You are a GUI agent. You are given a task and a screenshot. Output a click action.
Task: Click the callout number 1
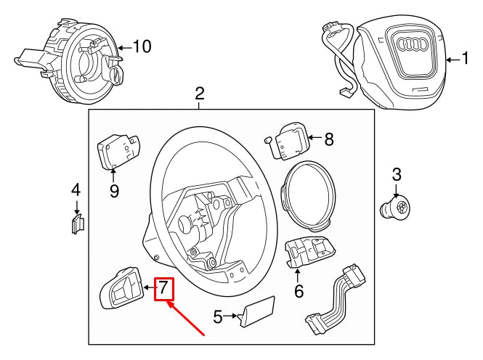(466, 59)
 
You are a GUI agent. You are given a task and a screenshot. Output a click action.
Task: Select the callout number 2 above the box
(200, 94)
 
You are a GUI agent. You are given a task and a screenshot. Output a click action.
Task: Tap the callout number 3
(396, 174)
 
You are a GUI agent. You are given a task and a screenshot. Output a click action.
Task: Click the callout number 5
(218, 316)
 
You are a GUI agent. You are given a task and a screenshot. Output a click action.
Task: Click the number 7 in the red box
(164, 288)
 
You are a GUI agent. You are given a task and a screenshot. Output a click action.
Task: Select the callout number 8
(328, 139)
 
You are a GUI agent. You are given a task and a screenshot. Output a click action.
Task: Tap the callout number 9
(114, 191)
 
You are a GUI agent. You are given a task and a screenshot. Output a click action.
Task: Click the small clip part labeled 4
(78, 224)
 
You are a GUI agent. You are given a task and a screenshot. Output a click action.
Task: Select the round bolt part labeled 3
(396, 206)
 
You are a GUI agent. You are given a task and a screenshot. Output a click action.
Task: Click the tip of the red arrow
(168, 303)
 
